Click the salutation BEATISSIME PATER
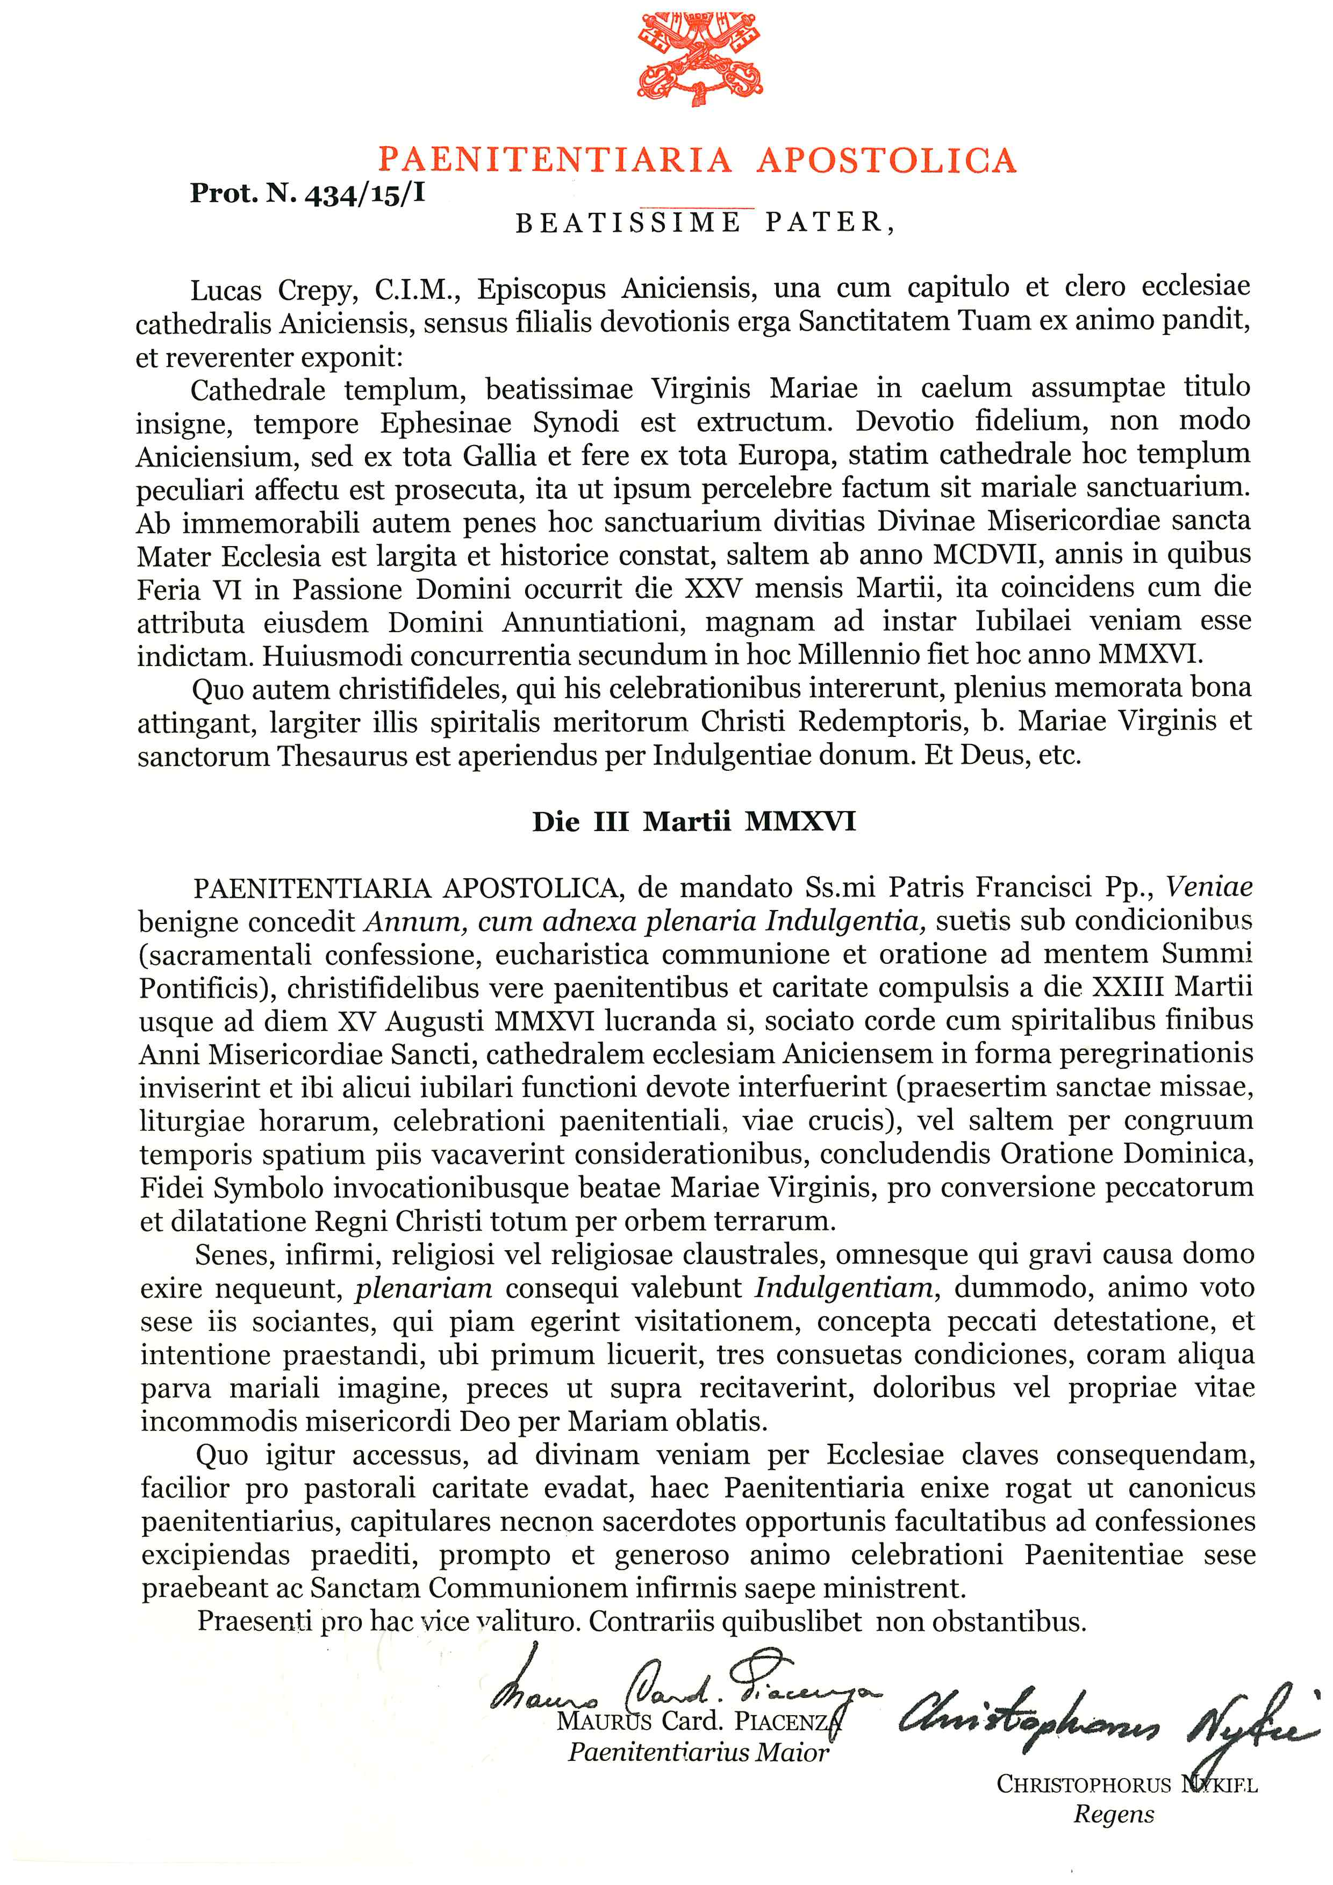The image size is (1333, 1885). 704,223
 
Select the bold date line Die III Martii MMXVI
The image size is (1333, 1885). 693,822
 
